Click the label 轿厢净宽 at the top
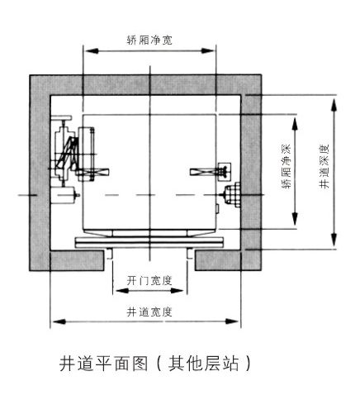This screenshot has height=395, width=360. click(x=149, y=40)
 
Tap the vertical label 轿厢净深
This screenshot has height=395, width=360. click(x=286, y=166)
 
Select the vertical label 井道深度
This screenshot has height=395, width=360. click(x=324, y=166)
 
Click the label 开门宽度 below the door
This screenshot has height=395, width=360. click(x=149, y=281)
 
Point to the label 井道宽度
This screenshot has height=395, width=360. click(x=149, y=312)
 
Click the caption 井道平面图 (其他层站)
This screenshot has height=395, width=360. click(x=155, y=364)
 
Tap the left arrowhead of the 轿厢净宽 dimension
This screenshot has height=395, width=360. click(x=91, y=50)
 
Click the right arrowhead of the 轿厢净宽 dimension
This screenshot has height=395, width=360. click(x=208, y=50)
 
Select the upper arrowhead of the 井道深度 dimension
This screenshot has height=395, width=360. click(x=334, y=105)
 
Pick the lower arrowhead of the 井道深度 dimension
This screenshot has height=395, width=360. click(x=334, y=240)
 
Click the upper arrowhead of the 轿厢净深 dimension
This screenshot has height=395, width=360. click(x=295, y=123)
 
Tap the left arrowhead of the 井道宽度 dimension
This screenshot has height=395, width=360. click(x=59, y=321)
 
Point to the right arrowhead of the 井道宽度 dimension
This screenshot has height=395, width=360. click(x=232, y=321)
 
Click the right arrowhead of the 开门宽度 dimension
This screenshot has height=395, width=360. click(x=177, y=290)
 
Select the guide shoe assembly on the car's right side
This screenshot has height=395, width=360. click(x=211, y=172)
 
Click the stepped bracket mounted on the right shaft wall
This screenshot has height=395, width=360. click(x=232, y=194)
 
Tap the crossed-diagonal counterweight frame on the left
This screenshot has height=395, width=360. click(x=67, y=154)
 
